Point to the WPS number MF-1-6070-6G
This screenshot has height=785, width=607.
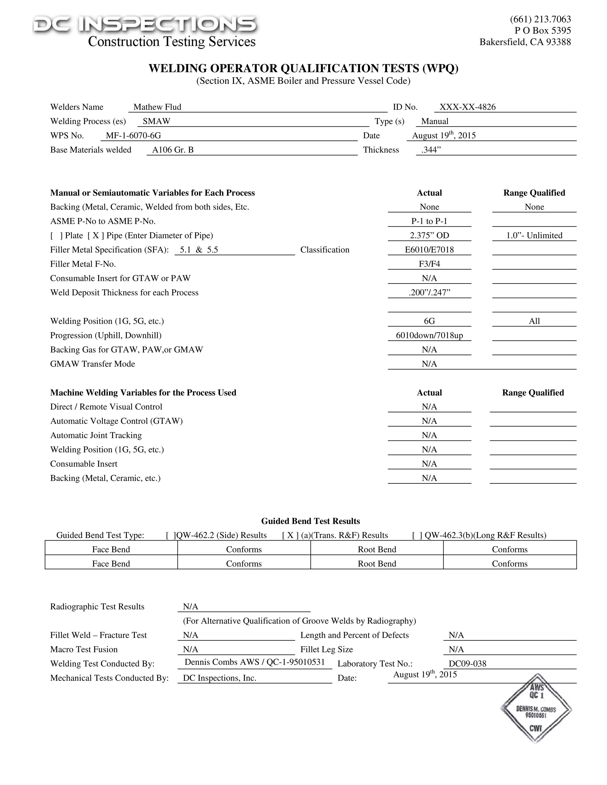coord(133,135)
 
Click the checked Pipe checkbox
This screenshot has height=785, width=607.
coord(96,235)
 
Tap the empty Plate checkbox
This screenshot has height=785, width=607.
coord(56,235)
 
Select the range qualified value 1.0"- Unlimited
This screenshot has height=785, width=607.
coord(534,235)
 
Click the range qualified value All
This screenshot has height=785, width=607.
coord(534,321)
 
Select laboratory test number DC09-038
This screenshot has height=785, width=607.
coord(467,664)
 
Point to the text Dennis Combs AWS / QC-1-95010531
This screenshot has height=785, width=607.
coord(254,662)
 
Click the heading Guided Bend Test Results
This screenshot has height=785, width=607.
coord(310,521)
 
